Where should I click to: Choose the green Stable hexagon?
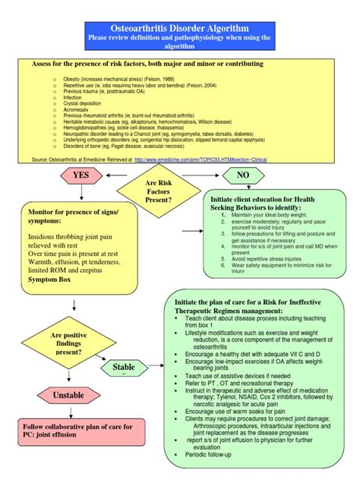124,368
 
